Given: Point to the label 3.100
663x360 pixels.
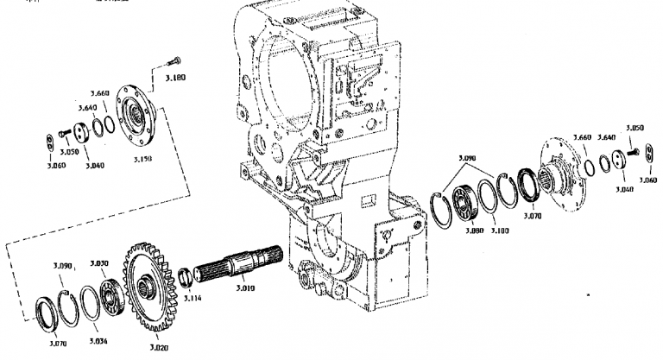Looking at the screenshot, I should coord(499,230).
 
